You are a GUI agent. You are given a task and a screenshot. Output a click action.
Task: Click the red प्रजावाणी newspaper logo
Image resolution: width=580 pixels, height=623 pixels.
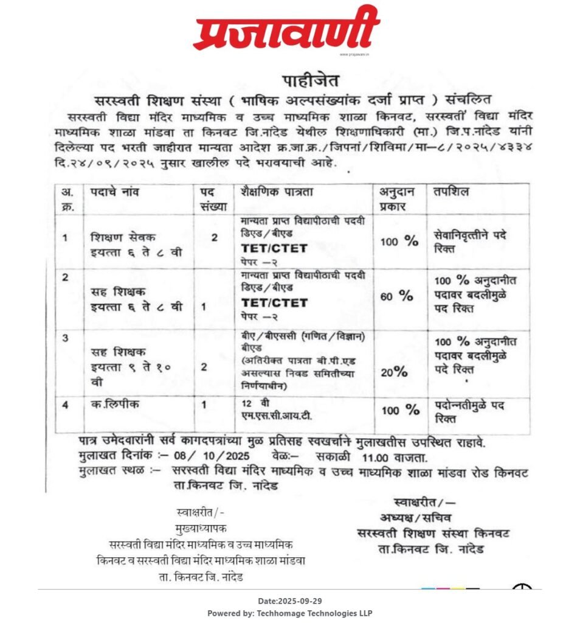coord(286,29)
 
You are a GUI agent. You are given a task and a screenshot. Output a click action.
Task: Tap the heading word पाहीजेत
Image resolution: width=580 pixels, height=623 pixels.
coord(310,80)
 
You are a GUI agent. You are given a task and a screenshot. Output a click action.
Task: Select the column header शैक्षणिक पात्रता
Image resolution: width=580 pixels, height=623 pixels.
coord(276,192)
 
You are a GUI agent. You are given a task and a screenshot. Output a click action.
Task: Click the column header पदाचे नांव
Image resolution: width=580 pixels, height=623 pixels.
coord(115,192)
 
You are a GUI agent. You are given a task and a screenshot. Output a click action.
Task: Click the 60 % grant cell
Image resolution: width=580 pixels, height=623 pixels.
coord(397,296)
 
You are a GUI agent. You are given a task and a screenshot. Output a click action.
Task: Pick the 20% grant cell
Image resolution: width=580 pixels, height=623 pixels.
coord(393,372)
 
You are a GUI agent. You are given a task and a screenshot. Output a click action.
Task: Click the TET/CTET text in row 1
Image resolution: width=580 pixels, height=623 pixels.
coord(274,248)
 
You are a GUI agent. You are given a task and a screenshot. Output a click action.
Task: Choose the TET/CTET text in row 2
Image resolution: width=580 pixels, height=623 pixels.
coord(274,302)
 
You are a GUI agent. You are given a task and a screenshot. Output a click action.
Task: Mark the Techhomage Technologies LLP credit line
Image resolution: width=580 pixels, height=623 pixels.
coord(289,613)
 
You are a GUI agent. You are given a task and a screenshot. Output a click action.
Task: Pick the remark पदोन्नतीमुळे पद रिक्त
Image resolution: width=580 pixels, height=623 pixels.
coord(469,409)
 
